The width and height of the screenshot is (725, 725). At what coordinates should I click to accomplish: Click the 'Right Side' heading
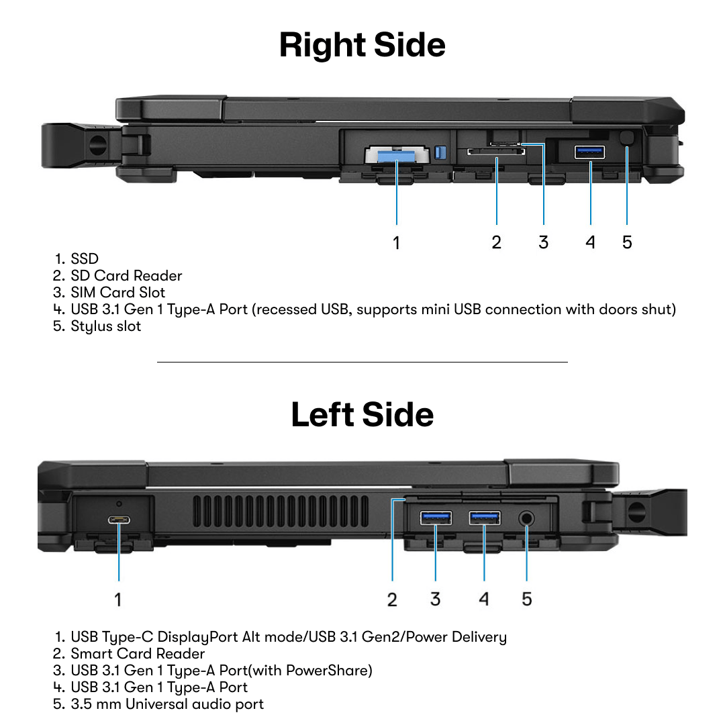[x=362, y=46]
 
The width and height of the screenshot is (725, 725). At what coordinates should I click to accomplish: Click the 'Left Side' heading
[x=362, y=414]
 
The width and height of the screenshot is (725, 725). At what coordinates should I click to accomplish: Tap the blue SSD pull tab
[x=396, y=156]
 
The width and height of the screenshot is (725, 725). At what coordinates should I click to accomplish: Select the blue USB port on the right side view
[x=590, y=152]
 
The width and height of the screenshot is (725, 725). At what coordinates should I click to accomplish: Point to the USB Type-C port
[x=119, y=520]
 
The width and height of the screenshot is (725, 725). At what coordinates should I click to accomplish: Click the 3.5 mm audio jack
[x=526, y=518]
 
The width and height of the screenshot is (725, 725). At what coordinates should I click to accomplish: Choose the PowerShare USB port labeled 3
[x=436, y=518]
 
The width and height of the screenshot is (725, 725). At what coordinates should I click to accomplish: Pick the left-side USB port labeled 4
[x=484, y=518]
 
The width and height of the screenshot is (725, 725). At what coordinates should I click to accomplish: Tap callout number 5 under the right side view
[x=626, y=242]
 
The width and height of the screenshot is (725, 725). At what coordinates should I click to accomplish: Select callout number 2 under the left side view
[x=392, y=599]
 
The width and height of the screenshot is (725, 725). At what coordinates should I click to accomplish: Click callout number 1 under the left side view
[x=118, y=599]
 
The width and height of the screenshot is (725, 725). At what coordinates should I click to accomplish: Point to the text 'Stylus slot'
[x=106, y=326]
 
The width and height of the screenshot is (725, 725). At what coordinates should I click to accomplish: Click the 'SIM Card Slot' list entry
[x=117, y=293]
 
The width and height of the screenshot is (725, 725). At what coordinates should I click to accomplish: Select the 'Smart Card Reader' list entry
[x=138, y=653]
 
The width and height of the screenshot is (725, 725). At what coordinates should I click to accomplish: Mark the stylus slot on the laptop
[x=627, y=138]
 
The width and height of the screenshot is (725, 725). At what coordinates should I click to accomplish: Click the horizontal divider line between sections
[x=362, y=362]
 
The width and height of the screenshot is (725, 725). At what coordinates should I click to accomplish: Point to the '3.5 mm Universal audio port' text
[x=167, y=704]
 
